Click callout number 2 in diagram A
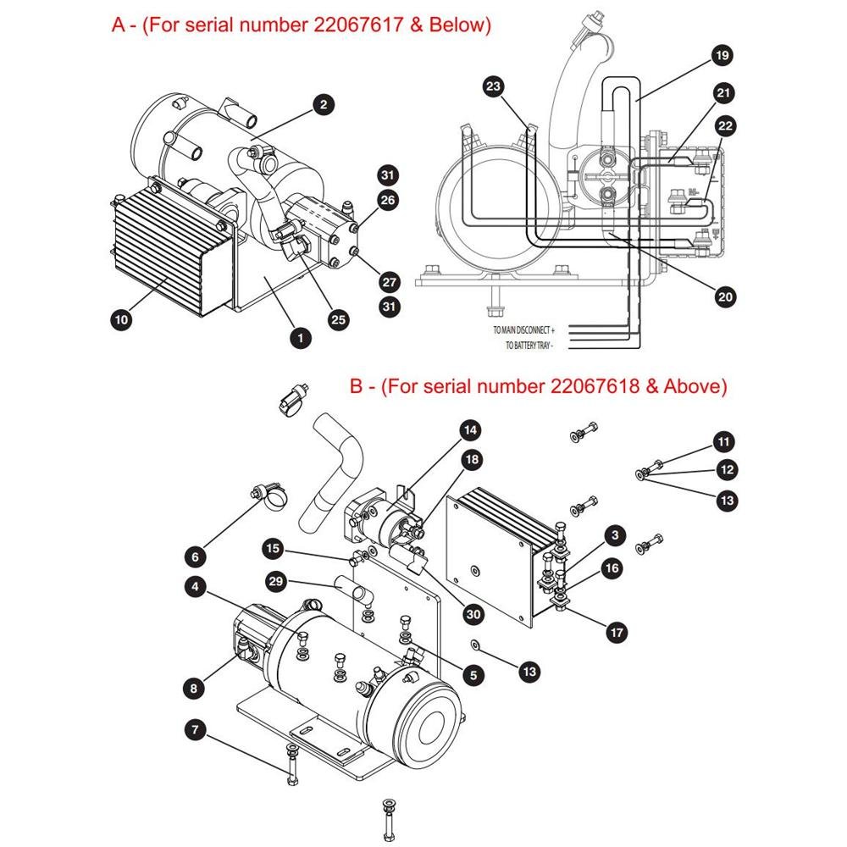(324, 105)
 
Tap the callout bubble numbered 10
(121, 320)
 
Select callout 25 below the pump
(338, 320)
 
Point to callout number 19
(722, 56)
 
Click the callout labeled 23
(493, 86)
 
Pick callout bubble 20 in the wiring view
(725, 296)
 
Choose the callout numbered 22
(726, 126)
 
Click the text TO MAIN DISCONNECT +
(523, 330)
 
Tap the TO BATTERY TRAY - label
(529, 346)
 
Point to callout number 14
(470, 430)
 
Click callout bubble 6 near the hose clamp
(196, 557)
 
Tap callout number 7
(196, 730)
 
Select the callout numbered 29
(275, 581)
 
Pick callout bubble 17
(617, 633)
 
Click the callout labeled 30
(473, 614)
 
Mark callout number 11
(724, 442)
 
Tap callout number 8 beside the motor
(194, 688)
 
